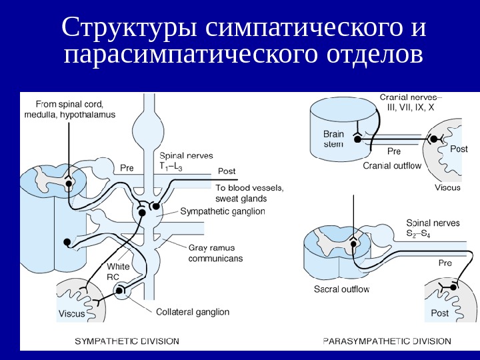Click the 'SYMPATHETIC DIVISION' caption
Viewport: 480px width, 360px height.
[127, 341]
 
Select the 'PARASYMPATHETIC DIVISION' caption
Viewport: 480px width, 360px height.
[387, 341]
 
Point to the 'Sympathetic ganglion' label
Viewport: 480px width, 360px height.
[223, 211]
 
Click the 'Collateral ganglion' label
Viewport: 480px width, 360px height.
[193, 311]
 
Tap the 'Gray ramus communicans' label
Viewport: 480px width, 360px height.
[215, 253]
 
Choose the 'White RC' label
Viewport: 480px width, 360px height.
[118, 272]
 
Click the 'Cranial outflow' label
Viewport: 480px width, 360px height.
[392, 166]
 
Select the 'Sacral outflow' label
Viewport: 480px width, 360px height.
[341, 289]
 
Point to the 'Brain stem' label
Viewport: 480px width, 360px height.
[334, 139]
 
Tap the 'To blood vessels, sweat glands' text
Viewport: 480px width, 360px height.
[249, 193]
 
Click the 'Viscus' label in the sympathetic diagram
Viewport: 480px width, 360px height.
[72, 313]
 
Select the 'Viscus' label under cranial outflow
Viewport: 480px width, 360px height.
[448, 187]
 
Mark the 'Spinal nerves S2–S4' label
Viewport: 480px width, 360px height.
[433, 229]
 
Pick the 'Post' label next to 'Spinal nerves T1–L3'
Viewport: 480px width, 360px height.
[227, 171]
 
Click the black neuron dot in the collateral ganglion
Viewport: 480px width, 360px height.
[121, 291]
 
